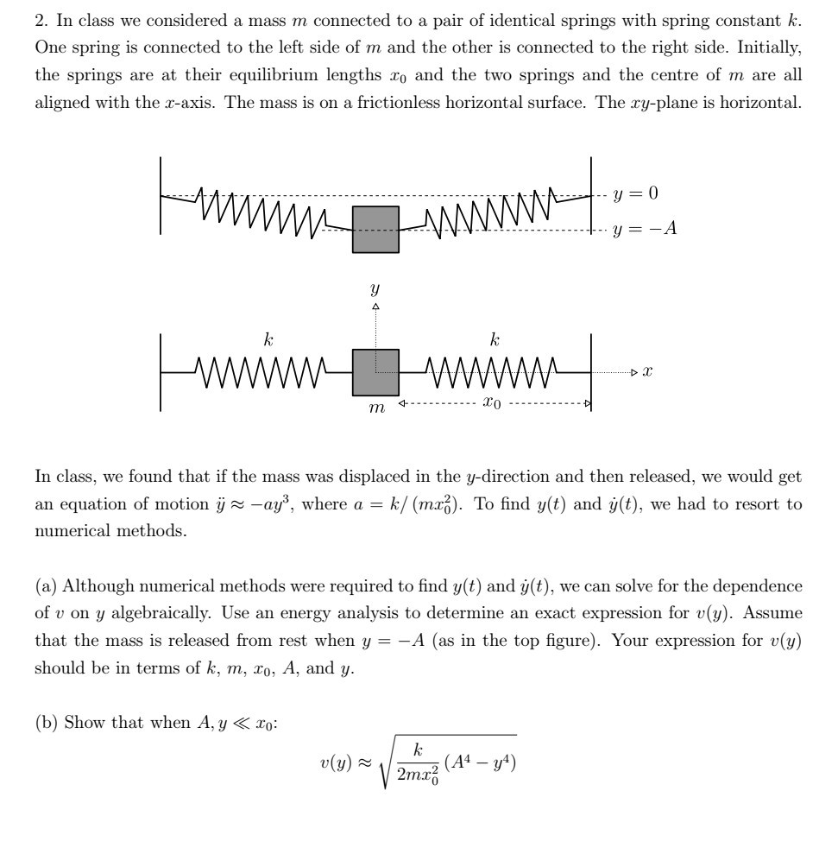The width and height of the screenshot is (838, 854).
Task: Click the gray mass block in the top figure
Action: tap(375, 229)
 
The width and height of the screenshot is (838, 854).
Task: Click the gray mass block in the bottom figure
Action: tap(375, 372)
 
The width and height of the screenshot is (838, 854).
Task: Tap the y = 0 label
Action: tap(635, 193)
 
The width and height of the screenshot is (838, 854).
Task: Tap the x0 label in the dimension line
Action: tap(493, 403)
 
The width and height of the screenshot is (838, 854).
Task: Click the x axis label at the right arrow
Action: tap(647, 372)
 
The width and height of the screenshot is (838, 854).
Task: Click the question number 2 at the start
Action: tap(40, 18)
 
